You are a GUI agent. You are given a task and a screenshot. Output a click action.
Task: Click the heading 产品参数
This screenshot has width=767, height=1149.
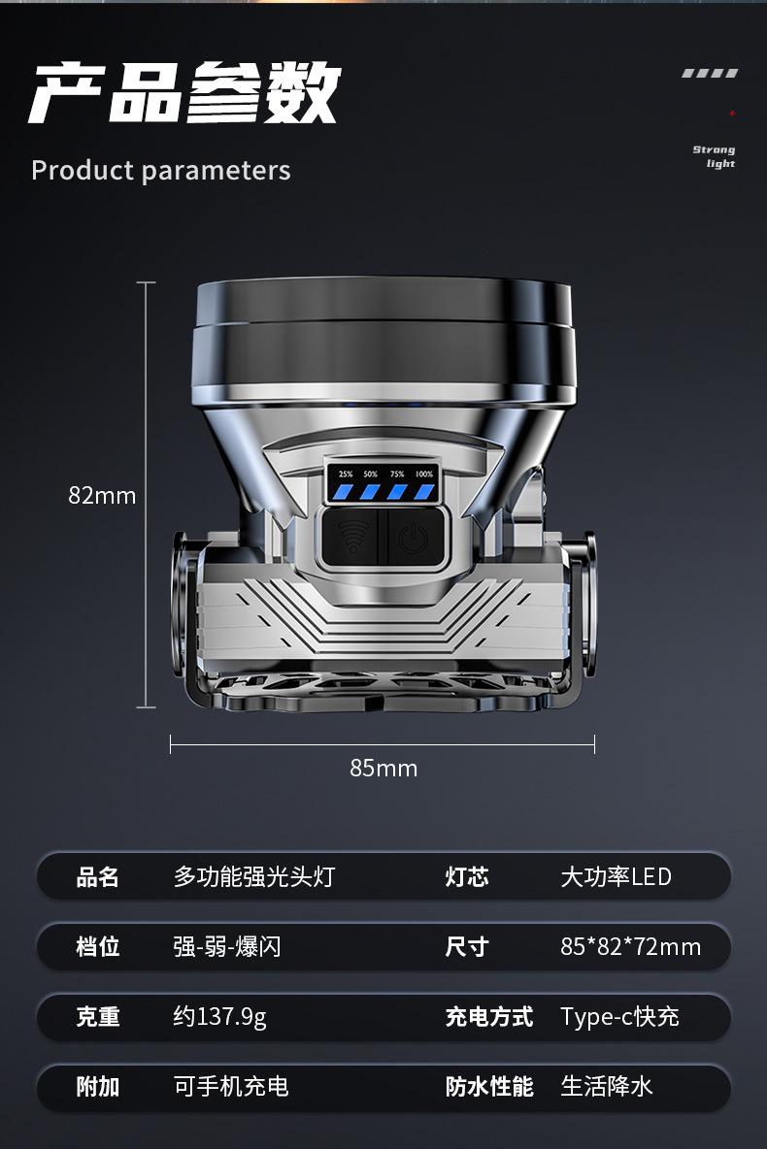184,92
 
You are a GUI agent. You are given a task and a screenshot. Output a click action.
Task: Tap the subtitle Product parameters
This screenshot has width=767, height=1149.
160,171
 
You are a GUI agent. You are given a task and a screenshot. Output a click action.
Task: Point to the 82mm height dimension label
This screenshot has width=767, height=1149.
102,496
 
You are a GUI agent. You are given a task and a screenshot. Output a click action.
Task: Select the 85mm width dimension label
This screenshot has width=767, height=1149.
383,768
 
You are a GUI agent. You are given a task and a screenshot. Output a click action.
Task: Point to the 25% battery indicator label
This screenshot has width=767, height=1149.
346,475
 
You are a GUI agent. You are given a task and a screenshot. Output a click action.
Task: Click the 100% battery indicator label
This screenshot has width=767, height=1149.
424,475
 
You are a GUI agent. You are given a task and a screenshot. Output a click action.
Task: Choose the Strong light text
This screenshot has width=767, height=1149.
715,156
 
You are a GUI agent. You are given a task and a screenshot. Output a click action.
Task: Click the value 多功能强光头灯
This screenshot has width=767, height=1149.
253,876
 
